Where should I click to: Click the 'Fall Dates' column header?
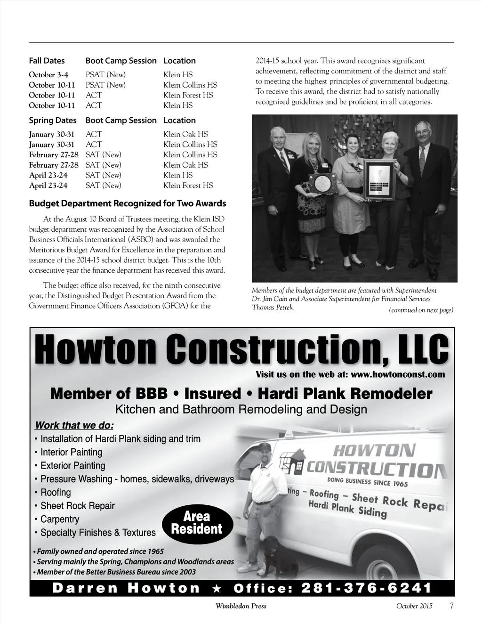coord(47,61)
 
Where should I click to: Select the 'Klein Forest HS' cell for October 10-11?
coord(188,95)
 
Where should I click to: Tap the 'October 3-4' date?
coord(48,74)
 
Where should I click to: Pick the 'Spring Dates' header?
coord(52,121)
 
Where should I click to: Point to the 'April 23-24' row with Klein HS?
coord(48,175)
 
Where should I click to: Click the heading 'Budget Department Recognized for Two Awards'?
coord(128,203)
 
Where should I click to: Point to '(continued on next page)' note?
coord(421,310)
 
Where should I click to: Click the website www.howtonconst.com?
coord(398,375)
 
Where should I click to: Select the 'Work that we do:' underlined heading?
coord(74,425)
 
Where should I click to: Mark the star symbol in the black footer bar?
coord(217,588)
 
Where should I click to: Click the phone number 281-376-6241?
coord(366,588)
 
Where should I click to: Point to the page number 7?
coord(452,606)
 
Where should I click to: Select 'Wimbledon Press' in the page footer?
coord(241,606)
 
